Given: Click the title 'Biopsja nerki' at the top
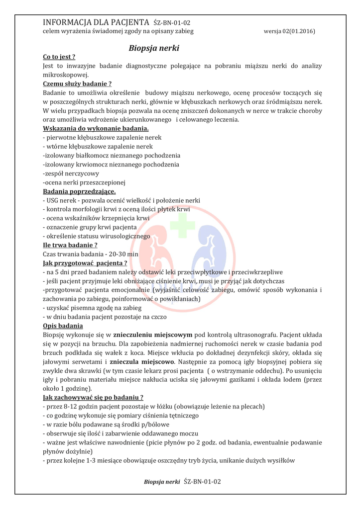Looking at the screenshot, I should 154,48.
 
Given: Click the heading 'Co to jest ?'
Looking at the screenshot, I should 59,57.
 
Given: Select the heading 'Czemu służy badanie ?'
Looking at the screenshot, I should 77,84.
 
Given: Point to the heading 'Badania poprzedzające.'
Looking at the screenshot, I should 80,191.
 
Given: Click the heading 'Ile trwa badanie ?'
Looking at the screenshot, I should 70,245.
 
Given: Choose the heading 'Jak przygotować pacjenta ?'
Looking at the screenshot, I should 85,263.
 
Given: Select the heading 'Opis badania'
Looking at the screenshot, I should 63,326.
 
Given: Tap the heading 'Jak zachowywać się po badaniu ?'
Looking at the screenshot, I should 93,397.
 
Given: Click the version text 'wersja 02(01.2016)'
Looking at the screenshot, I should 289,31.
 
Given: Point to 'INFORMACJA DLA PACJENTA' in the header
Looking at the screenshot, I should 96,22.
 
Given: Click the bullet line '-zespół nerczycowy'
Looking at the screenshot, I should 71,173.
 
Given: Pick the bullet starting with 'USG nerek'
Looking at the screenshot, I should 121,200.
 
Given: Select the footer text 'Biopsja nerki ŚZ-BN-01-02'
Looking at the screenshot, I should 182,482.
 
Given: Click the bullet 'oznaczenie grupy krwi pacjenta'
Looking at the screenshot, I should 90,227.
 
